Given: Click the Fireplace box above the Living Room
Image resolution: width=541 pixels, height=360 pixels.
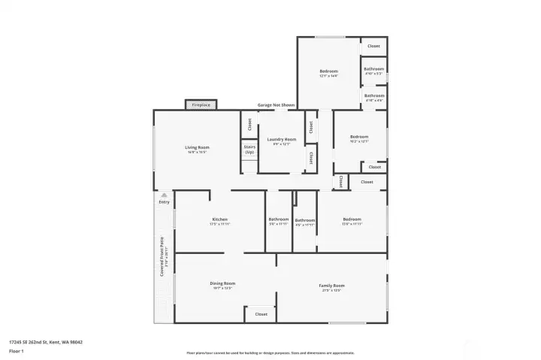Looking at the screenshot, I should pyautogui.click(x=201, y=105).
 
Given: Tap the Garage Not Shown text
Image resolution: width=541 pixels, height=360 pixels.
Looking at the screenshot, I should pyautogui.click(x=276, y=105).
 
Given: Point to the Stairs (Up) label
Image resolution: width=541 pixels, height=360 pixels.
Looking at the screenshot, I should pyautogui.click(x=249, y=150).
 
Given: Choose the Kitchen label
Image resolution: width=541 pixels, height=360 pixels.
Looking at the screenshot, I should pyautogui.click(x=219, y=221).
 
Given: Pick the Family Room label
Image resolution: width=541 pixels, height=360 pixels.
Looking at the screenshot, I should pyautogui.click(x=331, y=287).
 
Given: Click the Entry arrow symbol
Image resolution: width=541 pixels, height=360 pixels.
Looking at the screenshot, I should pyautogui.click(x=164, y=195).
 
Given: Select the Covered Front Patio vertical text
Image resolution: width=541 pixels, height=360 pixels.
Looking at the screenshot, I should pyautogui.click(x=162, y=258).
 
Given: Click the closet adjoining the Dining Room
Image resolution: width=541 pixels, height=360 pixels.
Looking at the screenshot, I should pyautogui.click(x=261, y=314).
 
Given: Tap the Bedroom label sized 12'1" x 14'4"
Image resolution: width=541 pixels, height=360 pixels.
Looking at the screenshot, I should pyautogui.click(x=328, y=73).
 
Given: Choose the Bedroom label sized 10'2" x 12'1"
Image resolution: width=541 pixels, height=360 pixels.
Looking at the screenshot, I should pyautogui.click(x=358, y=138).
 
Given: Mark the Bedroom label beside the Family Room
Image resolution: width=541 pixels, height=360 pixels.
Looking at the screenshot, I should pyautogui.click(x=352, y=221).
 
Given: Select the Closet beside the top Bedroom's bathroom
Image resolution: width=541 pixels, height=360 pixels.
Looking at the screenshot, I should pyautogui.click(x=373, y=46).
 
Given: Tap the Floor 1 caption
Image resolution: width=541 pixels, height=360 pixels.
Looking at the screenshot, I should pyautogui.click(x=17, y=351).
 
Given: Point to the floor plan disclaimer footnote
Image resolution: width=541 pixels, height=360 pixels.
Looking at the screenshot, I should pyautogui.click(x=270, y=352).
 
